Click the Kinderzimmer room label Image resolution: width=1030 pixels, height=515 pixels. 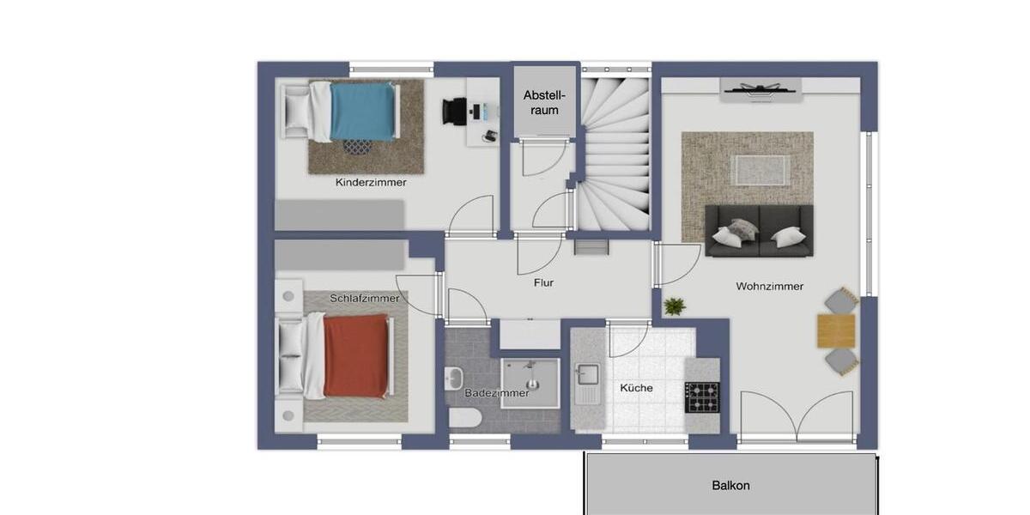(371, 182)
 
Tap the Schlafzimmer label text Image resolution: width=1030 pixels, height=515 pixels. (365, 298)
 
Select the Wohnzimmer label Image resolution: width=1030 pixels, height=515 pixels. (769, 286)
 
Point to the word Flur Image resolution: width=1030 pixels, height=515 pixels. (543, 282)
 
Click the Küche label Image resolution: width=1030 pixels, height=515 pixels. (636, 388)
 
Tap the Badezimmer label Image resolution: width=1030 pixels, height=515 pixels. (497, 393)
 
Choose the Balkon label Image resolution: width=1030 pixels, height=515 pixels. (730, 486)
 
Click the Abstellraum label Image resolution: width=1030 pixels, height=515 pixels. (542, 102)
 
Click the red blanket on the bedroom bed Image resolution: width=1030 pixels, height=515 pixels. (356, 355)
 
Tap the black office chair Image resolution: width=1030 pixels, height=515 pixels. (455, 111)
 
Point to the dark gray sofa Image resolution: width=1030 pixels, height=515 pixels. (759, 231)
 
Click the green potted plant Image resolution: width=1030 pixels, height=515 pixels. (675, 306)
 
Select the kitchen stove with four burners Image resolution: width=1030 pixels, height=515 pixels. (702, 397)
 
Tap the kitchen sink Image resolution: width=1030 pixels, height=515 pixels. (589, 376)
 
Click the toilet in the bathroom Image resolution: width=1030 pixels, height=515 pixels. (464, 418)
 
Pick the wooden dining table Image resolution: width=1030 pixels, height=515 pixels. (836, 330)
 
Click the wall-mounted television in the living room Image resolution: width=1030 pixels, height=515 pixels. (761, 88)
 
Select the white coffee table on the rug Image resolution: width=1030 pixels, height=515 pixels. (759, 169)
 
